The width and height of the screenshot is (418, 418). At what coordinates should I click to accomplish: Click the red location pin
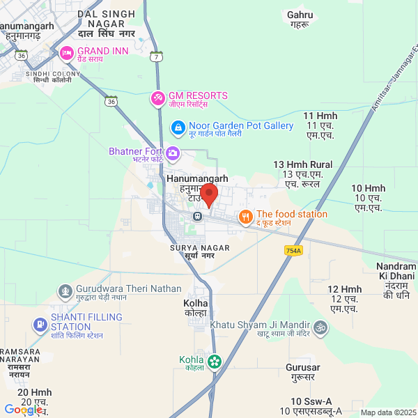[208, 192]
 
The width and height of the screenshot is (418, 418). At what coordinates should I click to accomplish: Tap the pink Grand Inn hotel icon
[67, 52]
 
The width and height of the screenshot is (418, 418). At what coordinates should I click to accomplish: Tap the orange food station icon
[245, 218]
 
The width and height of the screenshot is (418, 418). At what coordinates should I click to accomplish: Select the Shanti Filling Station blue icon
[40, 324]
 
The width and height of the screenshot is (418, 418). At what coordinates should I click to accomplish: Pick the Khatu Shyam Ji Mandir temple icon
[320, 327]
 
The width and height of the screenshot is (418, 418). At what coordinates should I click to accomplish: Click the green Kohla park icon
[214, 362]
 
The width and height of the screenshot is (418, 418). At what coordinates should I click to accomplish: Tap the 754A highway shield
[293, 250]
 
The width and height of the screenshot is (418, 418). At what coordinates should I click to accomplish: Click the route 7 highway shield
[158, 56]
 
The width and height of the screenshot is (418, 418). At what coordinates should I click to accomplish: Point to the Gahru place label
[300, 19]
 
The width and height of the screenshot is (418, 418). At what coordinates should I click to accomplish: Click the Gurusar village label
[303, 371]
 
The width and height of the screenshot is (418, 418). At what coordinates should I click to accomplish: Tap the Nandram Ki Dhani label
[396, 281]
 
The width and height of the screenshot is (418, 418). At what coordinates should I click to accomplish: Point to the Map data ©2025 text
[387, 412]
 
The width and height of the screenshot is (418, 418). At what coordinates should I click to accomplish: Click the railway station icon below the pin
[198, 215]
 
